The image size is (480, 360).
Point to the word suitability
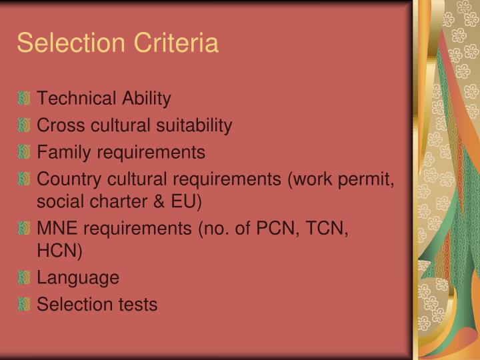pyautogui.click(x=195, y=125)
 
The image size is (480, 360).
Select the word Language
pyautogui.click(x=78, y=277)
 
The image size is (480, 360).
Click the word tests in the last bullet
pyautogui.click(x=137, y=305)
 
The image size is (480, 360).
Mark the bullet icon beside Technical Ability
pyautogui.click(x=24, y=99)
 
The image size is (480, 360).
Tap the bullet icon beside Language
pyautogui.click(x=24, y=277)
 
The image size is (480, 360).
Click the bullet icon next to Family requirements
pyautogui.click(x=24, y=152)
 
